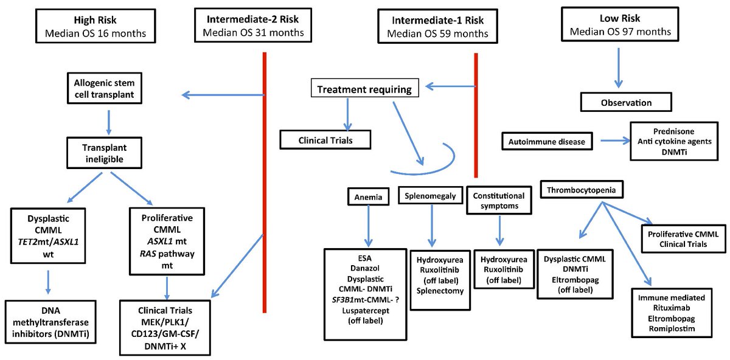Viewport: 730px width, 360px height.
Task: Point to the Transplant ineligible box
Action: point(108,152)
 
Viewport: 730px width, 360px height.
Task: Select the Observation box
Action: point(625,102)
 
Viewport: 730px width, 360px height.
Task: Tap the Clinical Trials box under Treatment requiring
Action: point(325,140)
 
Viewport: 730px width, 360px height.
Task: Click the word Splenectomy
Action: point(441,291)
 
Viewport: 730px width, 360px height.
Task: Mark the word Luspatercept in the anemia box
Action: point(365,310)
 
